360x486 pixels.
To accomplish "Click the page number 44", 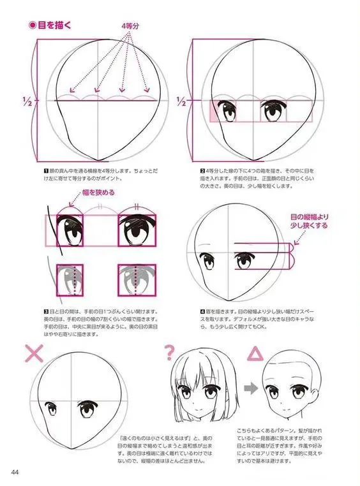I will pyautogui.click(x=15, y=472).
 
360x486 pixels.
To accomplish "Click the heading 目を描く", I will pyautogui.click(x=50, y=26).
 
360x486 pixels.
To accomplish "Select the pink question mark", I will pyautogui.click(x=169, y=351).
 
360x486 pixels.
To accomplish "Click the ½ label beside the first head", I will pyautogui.click(x=27, y=100).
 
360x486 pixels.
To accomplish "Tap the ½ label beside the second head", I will pyautogui.click(x=182, y=101).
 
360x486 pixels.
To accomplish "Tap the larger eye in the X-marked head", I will pyautogui.click(x=86, y=408).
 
